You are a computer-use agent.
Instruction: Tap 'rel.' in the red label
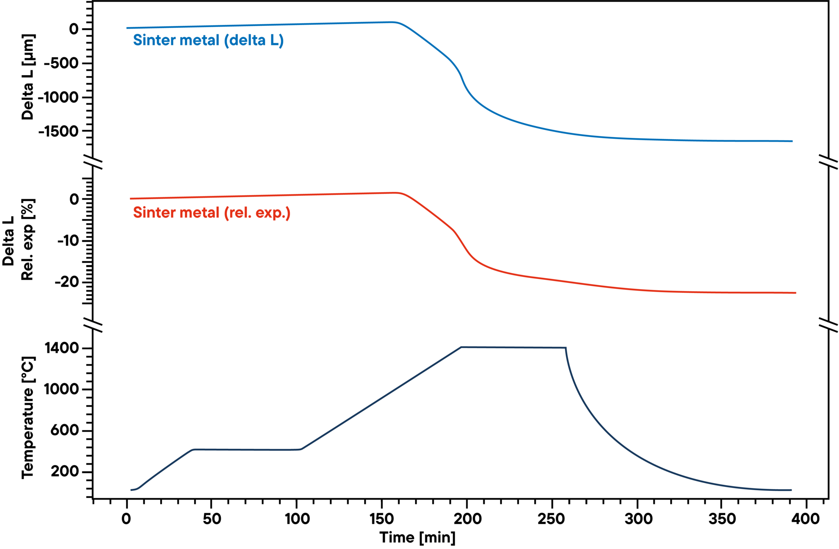click(240, 213)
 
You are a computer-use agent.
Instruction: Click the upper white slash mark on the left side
click(93, 162)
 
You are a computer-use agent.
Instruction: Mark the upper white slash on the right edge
click(828, 162)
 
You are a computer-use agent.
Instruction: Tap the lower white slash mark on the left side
click(93, 325)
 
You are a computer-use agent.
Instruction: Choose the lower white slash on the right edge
click(828, 325)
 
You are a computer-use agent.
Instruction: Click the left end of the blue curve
click(127, 28)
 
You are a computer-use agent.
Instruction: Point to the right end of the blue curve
click(792, 141)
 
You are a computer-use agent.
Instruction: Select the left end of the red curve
click(130, 198)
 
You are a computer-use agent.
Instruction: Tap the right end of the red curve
click(796, 293)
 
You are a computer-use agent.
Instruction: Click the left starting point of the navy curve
click(131, 490)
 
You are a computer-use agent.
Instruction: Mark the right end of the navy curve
click(791, 490)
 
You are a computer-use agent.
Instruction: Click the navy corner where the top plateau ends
click(566, 348)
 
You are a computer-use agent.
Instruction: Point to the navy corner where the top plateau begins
click(462, 347)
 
